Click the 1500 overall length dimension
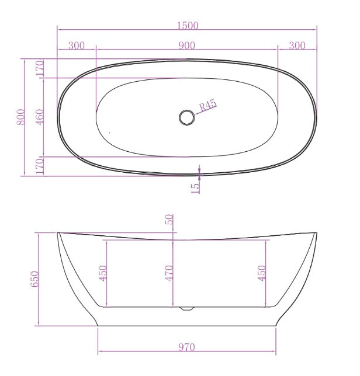point(187,25)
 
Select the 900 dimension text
point(186,46)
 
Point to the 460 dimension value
point(40,117)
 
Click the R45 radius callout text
point(208,106)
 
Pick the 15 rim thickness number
point(195,186)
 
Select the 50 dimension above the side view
point(169,220)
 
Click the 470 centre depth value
point(169,273)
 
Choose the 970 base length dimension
point(186,347)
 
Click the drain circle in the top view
point(187,117)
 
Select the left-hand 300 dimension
point(76,46)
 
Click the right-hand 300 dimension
point(297,46)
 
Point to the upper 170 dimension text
point(40,68)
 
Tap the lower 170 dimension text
point(40,165)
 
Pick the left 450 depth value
point(103,273)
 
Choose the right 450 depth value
point(262,273)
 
